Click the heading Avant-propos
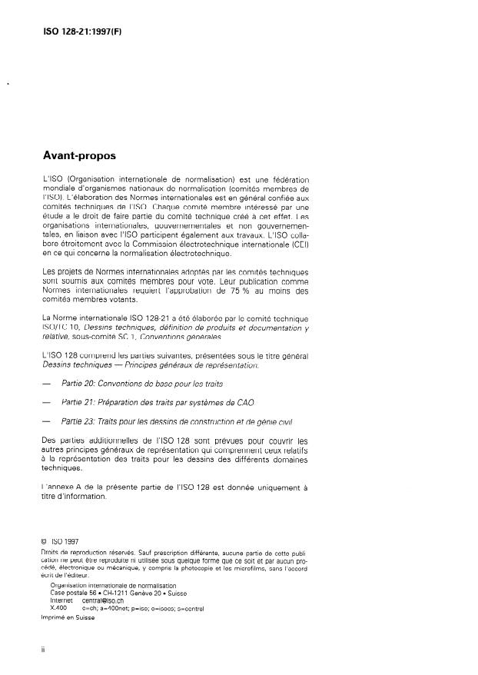click(x=79, y=155)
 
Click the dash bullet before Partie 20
click(x=47, y=383)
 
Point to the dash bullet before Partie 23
click(x=47, y=421)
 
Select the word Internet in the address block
click(x=61, y=600)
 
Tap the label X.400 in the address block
click(x=58, y=607)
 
